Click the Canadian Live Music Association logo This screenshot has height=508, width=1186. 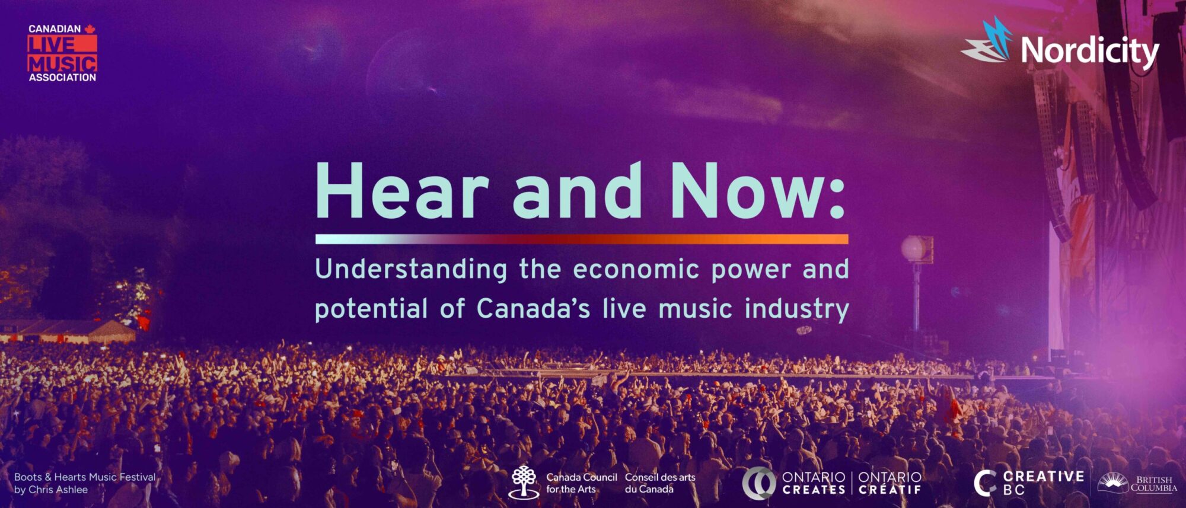tap(62, 53)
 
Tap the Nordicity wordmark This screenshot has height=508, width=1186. tap(1090, 51)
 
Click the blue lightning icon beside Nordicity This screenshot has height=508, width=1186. tap(987, 40)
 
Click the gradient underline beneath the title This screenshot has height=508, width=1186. tap(582, 239)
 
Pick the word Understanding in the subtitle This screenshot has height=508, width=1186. tap(411, 270)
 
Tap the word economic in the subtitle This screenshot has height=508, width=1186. tap(636, 270)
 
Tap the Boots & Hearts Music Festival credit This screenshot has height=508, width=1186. tap(85, 483)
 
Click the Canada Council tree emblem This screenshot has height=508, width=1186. tap(524, 481)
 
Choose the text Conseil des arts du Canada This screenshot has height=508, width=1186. tap(660, 483)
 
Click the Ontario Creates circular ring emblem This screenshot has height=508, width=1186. tap(758, 483)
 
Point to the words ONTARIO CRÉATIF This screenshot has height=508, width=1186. tap(890, 483)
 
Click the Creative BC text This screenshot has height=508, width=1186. tap(1043, 483)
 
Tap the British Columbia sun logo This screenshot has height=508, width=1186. tap(1112, 483)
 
